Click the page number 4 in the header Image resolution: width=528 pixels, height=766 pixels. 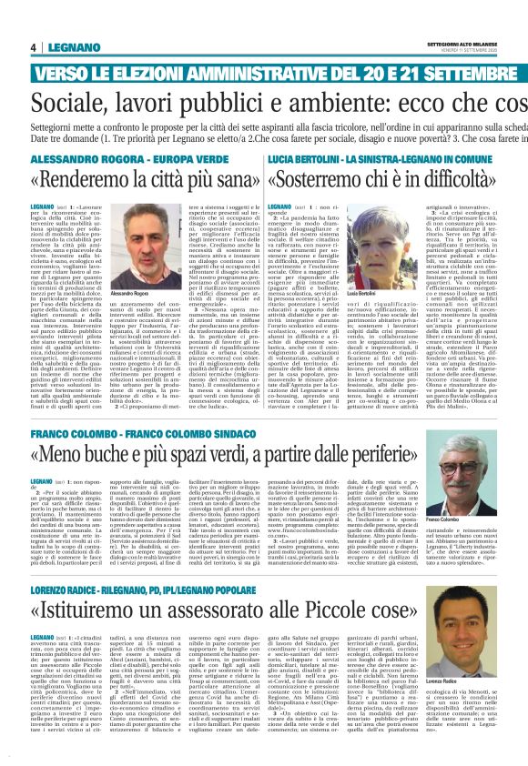click(33, 48)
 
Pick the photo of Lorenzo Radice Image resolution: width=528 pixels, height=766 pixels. click(492, 620)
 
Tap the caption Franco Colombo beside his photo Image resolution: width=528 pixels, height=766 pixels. click(492, 494)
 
